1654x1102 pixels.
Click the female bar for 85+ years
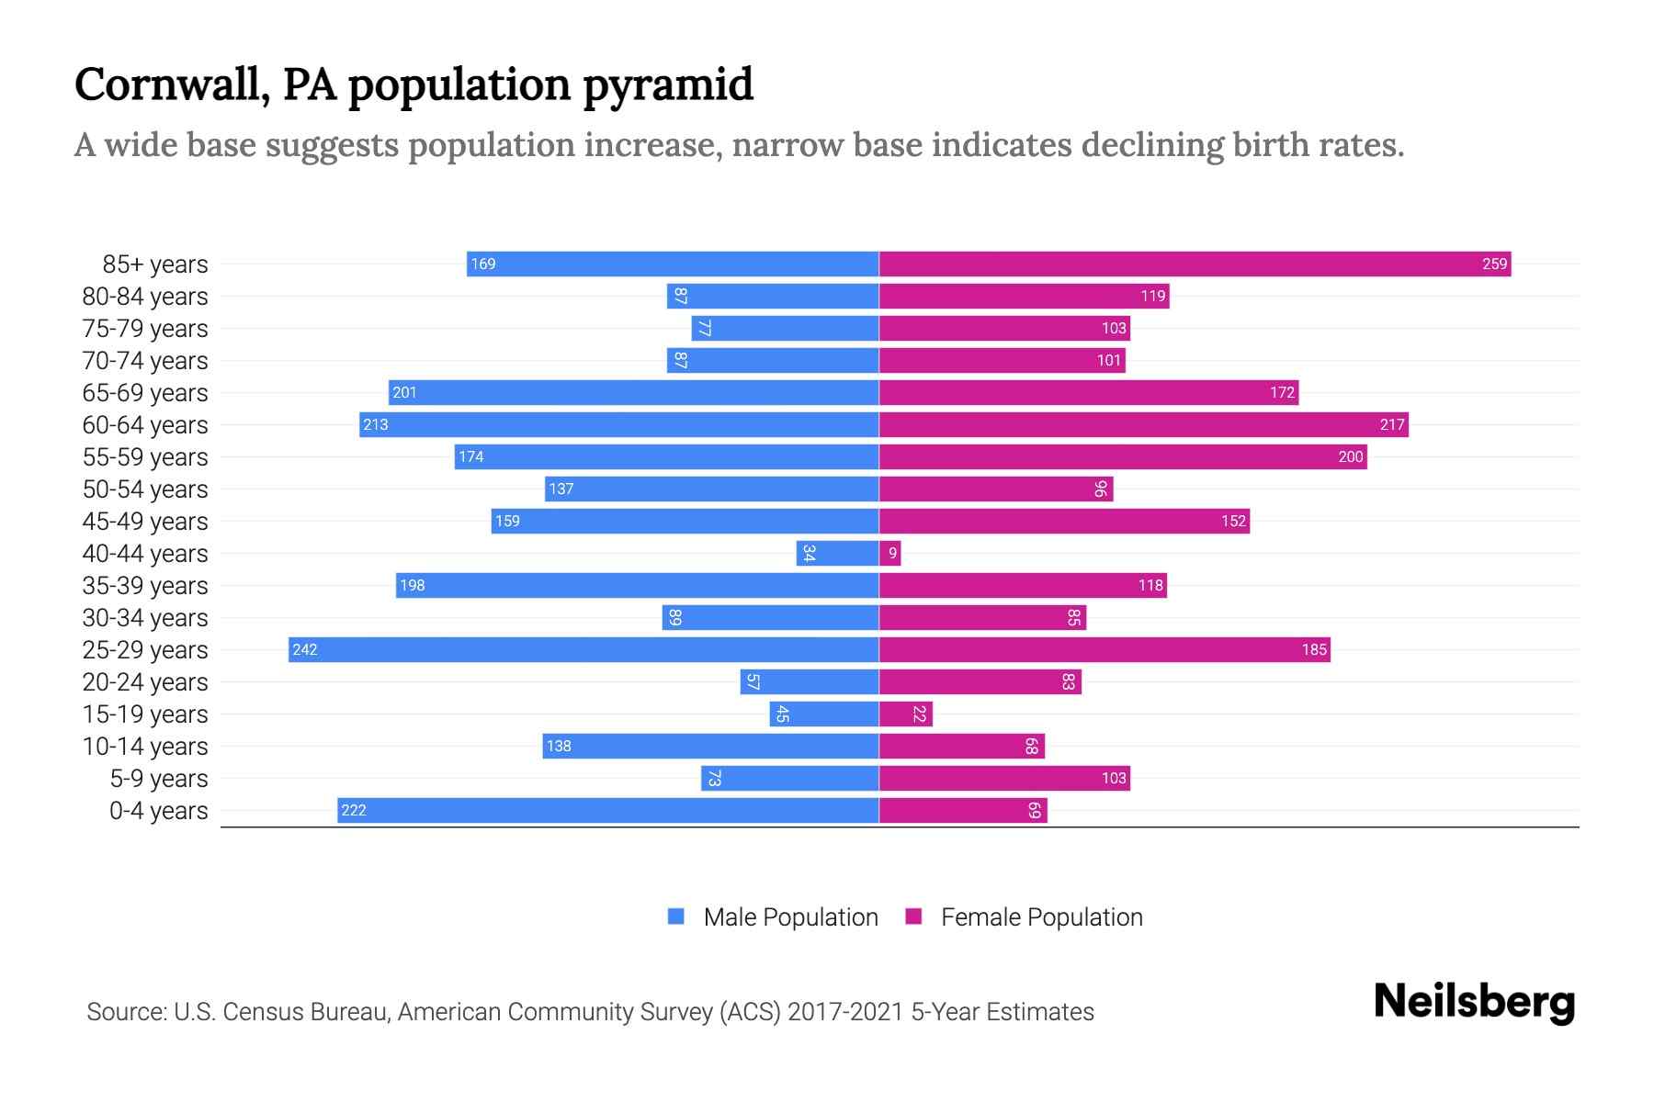point(1195,264)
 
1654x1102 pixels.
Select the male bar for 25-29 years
point(583,649)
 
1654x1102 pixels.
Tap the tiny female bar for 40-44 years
point(889,553)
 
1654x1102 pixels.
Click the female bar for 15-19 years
point(906,714)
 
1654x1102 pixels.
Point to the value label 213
point(375,424)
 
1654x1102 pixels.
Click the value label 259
point(1494,264)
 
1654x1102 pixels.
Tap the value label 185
point(1314,649)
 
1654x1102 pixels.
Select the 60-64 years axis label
point(145,425)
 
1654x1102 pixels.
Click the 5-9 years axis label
point(159,779)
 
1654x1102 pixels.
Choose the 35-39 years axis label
point(145,586)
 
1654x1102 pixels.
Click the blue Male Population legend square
point(676,916)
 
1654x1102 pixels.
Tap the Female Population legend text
point(1041,916)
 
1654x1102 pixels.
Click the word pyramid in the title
point(668,85)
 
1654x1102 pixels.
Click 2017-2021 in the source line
point(845,1012)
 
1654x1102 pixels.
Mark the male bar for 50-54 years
point(712,489)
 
